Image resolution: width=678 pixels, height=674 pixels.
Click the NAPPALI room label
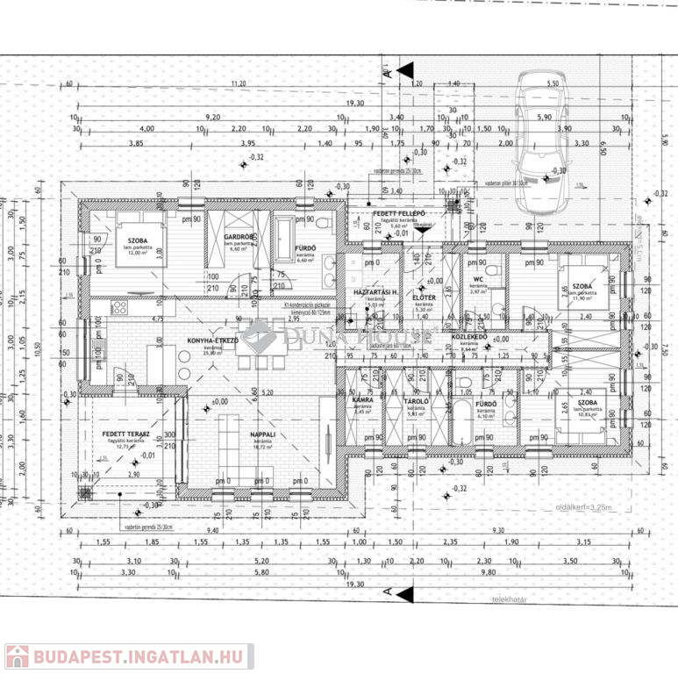[x=263, y=433]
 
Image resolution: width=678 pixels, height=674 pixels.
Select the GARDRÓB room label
[x=239, y=237]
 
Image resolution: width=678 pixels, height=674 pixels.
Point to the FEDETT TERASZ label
[x=124, y=434]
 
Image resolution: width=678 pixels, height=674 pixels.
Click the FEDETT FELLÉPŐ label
[x=399, y=214]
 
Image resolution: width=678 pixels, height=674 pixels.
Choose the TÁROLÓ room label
[x=416, y=402]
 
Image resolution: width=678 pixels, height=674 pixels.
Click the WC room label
[x=478, y=280]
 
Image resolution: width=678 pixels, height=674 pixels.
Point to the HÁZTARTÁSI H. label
[x=377, y=291]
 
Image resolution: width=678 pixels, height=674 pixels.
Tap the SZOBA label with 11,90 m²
[x=582, y=286]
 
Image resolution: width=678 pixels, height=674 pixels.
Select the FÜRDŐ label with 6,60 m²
[x=304, y=248]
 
